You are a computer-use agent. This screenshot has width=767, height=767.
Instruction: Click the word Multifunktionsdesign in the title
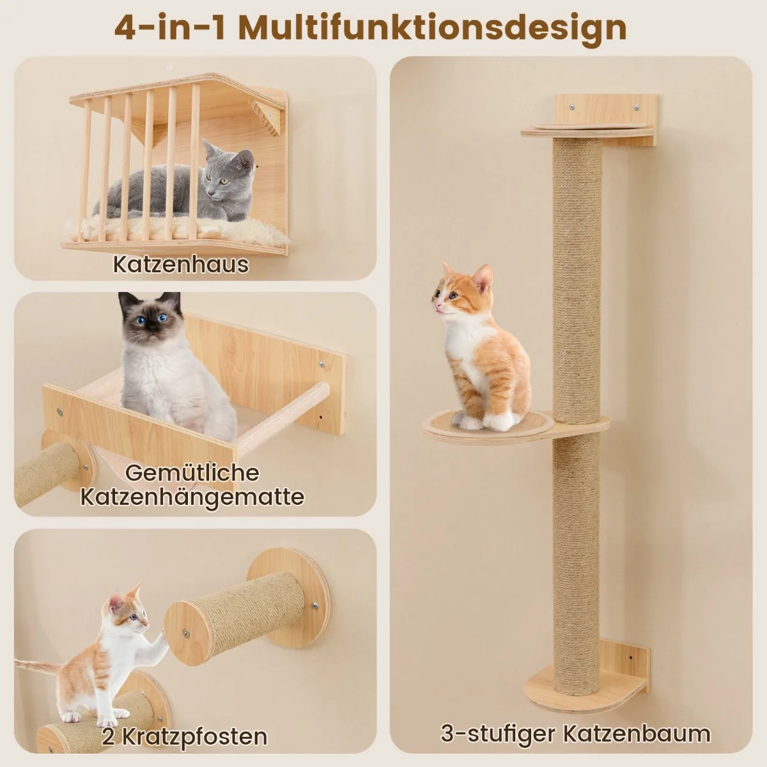433,28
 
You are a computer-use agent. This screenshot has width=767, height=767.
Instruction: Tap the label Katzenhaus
181,264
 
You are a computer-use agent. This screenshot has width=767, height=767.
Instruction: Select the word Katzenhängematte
192,497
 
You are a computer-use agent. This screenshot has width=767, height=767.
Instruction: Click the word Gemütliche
192,473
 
